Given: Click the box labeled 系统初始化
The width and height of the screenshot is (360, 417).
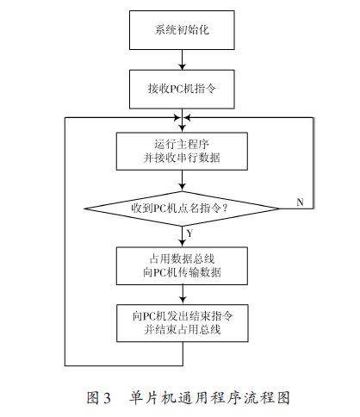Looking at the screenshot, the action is tap(182, 30).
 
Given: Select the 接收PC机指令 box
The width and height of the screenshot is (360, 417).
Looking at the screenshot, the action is tap(182, 89).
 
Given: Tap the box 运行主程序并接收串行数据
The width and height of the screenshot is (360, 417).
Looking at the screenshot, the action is tap(182, 151).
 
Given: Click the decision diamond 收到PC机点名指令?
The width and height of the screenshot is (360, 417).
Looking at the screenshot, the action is tap(182, 208).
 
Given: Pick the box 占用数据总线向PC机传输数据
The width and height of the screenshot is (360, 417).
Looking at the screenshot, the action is tap(182, 266).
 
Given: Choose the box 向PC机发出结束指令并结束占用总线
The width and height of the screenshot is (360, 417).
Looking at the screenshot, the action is tap(183, 323).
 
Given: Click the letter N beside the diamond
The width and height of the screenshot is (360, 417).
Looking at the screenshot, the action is tap(300, 202).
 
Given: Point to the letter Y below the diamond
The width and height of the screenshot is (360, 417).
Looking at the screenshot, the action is tap(189, 233).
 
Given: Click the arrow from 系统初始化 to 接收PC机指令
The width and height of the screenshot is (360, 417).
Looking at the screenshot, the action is tap(182, 59).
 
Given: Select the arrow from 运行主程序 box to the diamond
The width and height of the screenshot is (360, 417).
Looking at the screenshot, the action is tap(182, 181).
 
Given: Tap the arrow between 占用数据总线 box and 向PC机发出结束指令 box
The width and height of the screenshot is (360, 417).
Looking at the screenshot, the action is tap(183, 294).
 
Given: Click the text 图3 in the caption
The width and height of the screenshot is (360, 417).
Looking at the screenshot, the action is tap(98, 398).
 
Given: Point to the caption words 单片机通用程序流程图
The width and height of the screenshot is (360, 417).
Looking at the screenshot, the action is tap(209, 398).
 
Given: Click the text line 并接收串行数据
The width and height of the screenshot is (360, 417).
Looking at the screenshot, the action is tap(182, 158).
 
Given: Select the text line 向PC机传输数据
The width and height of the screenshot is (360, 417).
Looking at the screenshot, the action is tap(182, 272).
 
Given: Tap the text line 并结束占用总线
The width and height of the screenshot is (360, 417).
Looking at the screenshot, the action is tap(183, 329).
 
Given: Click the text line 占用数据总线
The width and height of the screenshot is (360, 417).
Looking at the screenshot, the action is tap(182, 259).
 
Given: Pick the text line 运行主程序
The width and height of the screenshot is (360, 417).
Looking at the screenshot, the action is tap(182, 144).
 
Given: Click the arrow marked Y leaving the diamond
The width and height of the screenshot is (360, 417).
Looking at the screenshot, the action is tap(182, 237).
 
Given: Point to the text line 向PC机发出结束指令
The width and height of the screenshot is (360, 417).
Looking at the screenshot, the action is tap(183, 316).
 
